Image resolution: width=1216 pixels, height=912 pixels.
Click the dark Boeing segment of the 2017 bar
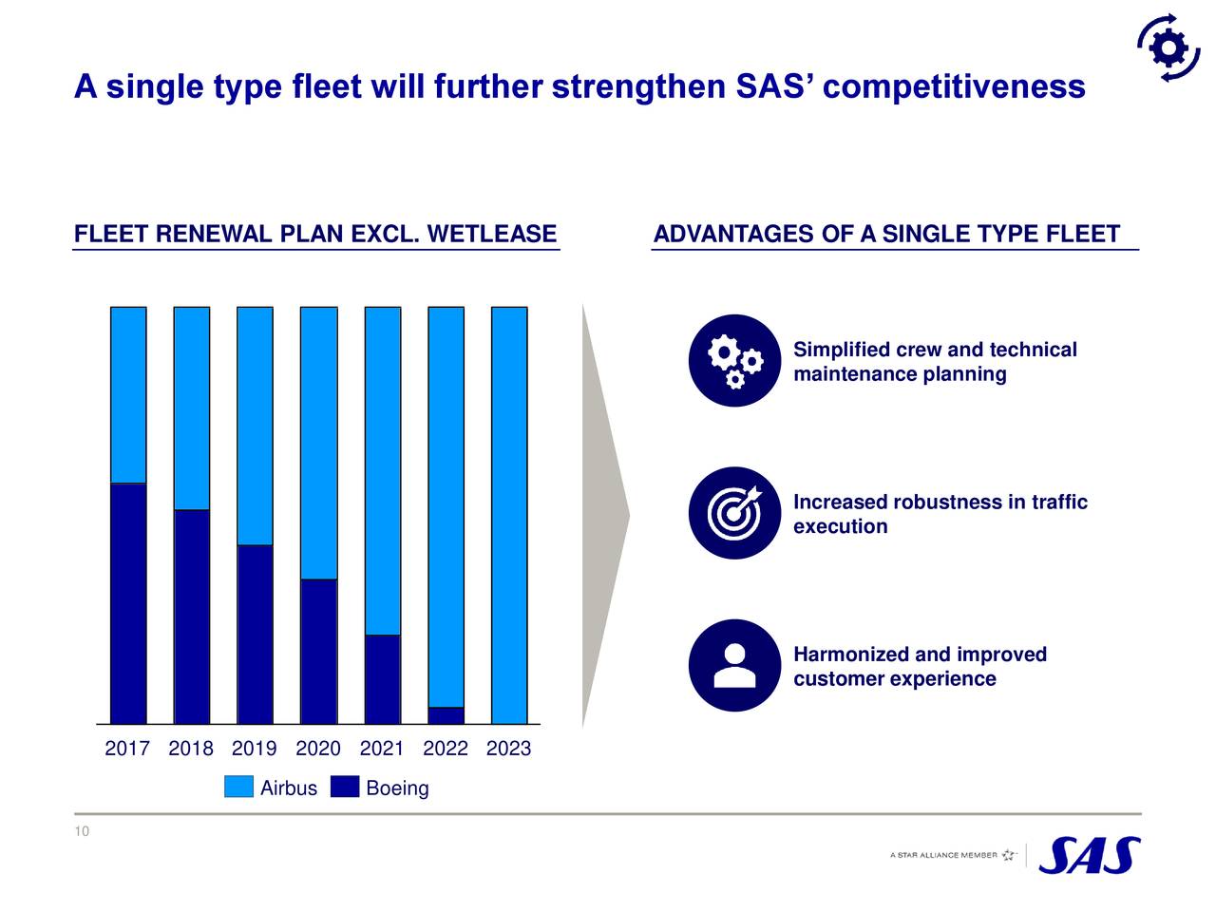pos(128,603)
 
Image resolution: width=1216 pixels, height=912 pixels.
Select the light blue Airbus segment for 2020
pos(318,443)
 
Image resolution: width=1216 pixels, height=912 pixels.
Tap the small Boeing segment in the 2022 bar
pos(446,715)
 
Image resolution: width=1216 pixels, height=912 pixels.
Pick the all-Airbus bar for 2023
pos(509,515)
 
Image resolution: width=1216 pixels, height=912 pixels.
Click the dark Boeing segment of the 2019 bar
pos(255,634)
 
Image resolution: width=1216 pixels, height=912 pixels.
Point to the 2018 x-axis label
pos(191,749)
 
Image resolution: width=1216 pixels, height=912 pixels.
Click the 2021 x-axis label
pos(382,749)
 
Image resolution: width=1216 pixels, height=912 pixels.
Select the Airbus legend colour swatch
pos(238,787)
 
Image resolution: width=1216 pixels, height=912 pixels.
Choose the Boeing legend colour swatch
pos(345,787)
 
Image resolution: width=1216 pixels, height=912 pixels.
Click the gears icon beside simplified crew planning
pos(734,361)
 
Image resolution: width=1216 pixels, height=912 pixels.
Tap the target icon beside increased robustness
pos(734,513)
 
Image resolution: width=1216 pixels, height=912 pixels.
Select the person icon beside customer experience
pos(734,665)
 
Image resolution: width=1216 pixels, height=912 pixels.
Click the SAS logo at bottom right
pos(1090,855)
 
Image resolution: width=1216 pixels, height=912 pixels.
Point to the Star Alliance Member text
pos(943,855)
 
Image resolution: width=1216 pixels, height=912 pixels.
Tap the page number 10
pos(82,832)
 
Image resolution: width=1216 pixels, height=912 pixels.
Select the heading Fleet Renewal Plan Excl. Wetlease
pos(315,234)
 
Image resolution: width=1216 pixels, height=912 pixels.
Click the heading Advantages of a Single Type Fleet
pos(887,234)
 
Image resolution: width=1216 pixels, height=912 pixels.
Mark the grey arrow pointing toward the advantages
pos(604,517)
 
